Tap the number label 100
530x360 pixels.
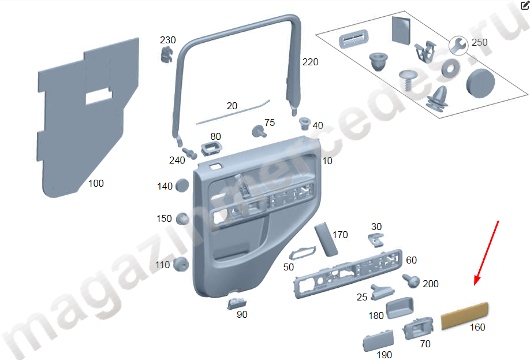96,183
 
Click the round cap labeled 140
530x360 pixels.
182,186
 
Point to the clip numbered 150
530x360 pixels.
183,220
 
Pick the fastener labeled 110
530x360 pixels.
182,265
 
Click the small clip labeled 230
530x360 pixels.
167,55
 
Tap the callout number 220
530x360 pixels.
310,62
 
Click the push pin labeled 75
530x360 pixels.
258,131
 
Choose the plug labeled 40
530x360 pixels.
304,122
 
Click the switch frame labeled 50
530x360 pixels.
301,253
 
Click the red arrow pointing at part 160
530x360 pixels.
486,251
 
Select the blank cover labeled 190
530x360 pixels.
378,340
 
